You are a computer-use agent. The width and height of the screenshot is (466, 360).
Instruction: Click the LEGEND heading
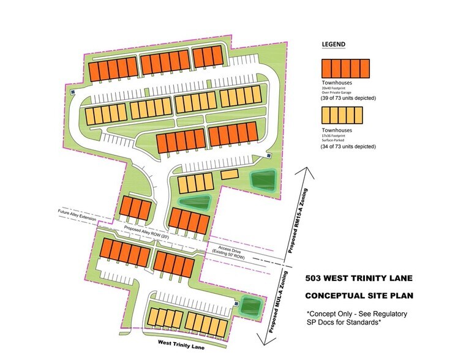[334, 45]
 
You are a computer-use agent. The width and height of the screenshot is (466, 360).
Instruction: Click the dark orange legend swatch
[347, 68]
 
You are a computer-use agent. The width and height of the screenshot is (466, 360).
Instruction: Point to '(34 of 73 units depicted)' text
[348, 147]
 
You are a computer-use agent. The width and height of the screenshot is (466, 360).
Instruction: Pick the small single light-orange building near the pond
[230, 175]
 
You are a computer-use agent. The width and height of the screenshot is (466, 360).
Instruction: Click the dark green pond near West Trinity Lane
[249, 304]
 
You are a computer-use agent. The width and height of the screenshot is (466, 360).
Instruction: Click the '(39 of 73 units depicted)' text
[348, 98]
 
